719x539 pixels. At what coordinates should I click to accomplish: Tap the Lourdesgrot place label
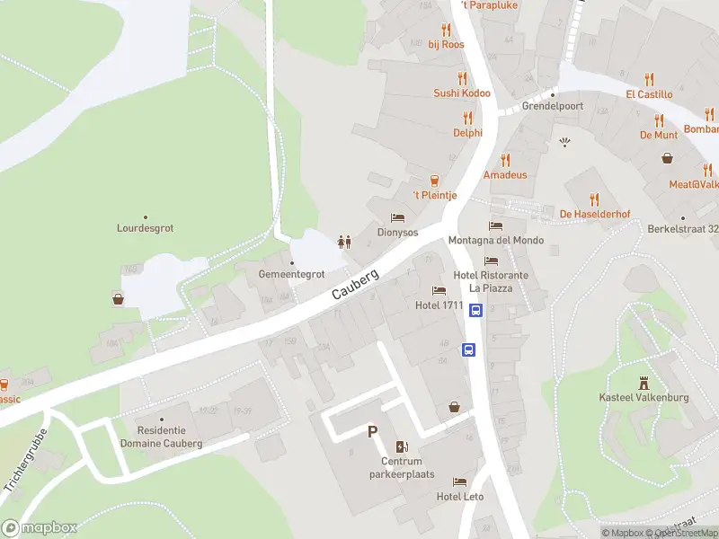point(145,228)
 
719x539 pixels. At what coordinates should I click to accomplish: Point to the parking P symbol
point(372,432)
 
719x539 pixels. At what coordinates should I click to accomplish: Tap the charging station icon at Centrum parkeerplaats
point(401,447)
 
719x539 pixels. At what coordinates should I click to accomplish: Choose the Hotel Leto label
point(460,497)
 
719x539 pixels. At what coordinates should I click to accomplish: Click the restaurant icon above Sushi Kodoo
point(463,78)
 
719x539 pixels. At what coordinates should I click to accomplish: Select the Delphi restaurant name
point(467,132)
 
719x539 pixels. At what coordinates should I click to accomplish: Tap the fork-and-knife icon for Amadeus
point(505,160)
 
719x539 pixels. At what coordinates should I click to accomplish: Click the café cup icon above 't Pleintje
point(435,181)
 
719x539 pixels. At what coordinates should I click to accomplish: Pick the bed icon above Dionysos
point(397,217)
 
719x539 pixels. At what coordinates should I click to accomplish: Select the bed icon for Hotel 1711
point(439,290)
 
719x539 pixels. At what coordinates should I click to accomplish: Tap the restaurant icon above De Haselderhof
point(593,199)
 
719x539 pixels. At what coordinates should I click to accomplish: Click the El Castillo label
point(649,93)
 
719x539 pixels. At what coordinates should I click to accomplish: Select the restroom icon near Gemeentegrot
point(342,241)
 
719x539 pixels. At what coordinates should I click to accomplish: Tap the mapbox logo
point(40,528)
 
